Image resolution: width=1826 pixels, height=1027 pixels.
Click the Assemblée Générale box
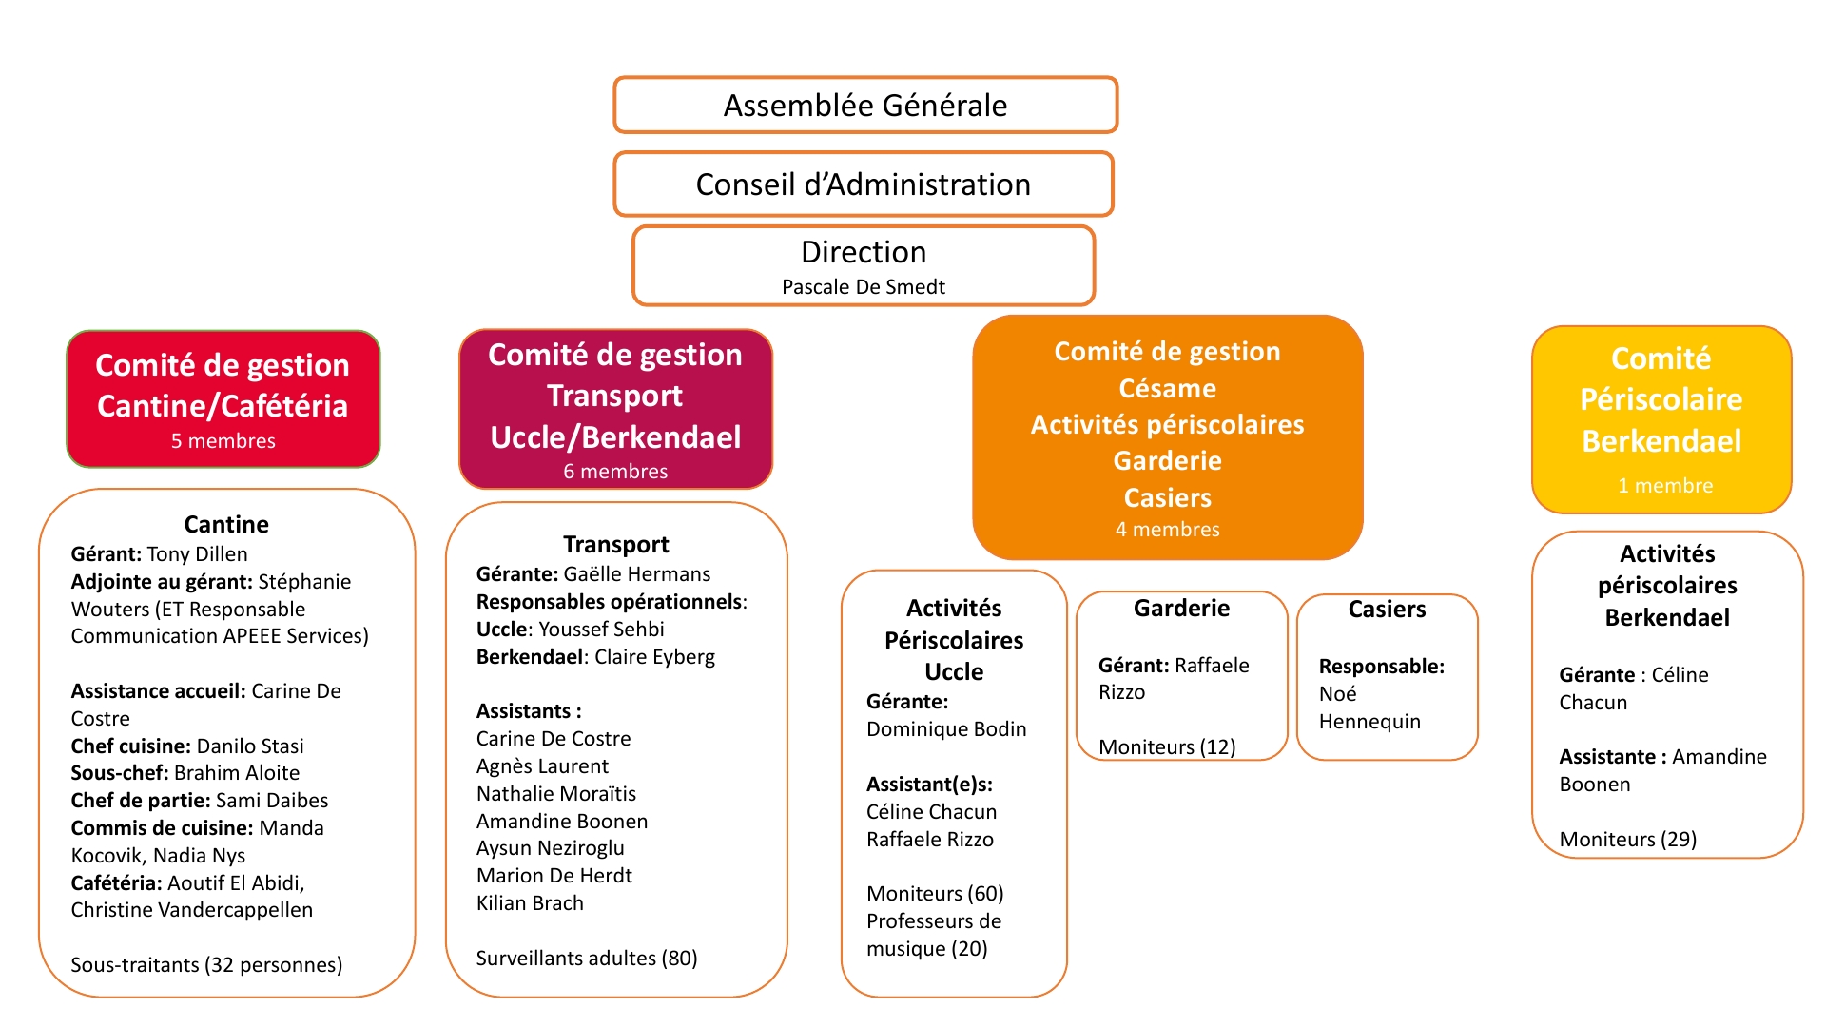tap(864, 105)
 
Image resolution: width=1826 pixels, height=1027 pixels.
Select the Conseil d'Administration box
tap(863, 184)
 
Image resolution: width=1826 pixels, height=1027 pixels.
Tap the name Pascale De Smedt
tap(863, 287)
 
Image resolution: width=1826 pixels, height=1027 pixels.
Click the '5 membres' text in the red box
tap(223, 441)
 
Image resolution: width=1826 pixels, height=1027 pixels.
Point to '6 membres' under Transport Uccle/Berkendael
tap(615, 472)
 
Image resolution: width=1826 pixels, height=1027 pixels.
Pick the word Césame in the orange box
tap(1167, 388)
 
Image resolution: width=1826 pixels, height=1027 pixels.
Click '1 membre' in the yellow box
tap(1665, 486)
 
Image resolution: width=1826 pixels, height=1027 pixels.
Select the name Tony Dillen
tap(197, 554)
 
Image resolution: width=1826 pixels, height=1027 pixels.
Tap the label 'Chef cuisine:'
tap(131, 746)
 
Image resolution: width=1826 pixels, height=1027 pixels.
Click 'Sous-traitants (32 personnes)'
tap(206, 965)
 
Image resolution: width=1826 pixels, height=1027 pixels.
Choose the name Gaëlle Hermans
tap(636, 574)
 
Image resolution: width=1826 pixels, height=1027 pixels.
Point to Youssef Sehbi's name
tap(601, 630)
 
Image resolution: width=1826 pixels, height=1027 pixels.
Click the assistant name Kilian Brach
tap(530, 903)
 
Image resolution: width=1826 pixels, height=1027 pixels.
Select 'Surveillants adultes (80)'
tap(587, 959)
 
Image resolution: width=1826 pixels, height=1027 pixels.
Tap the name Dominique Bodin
tap(946, 729)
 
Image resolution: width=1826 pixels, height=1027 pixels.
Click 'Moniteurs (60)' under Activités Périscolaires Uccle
tap(935, 894)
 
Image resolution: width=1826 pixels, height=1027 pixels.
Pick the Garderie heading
tap(1181, 609)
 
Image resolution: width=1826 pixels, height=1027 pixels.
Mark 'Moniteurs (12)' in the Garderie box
tap(1167, 747)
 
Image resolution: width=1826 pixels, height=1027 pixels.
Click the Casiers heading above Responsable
tap(1387, 610)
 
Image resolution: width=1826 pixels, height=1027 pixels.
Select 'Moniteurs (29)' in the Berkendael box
tap(1627, 840)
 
